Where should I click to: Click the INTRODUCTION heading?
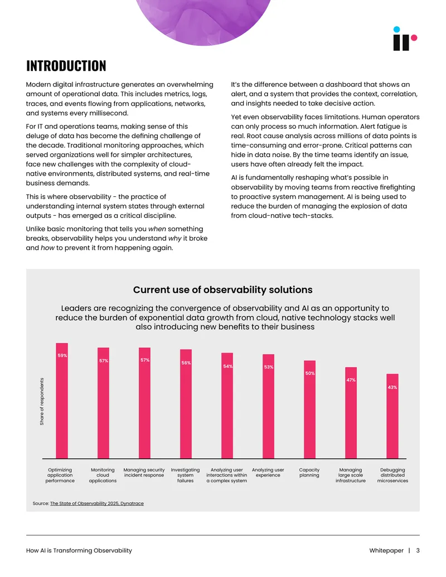click(66, 66)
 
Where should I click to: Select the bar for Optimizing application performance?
click(62, 401)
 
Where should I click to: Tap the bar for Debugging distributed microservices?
click(392, 416)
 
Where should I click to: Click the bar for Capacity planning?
click(310, 410)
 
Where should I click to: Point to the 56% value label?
click(186, 363)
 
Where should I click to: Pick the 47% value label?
click(351, 380)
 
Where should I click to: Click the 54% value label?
click(228, 366)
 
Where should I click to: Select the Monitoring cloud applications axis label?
click(103, 475)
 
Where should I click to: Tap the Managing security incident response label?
click(144, 473)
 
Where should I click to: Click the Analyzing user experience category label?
click(268, 473)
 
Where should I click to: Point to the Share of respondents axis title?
click(42, 401)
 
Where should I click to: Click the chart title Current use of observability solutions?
click(222, 289)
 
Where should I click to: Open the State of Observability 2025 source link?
click(97, 503)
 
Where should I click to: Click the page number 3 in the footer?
click(418, 550)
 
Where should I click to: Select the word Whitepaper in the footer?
click(386, 550)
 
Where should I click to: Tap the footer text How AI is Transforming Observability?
click(79, 550)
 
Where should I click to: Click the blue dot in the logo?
click(396, 30)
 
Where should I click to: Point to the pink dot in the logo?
click(414, 37)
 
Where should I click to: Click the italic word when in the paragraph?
click(157, 229)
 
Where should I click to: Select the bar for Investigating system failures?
click(186, 404)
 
